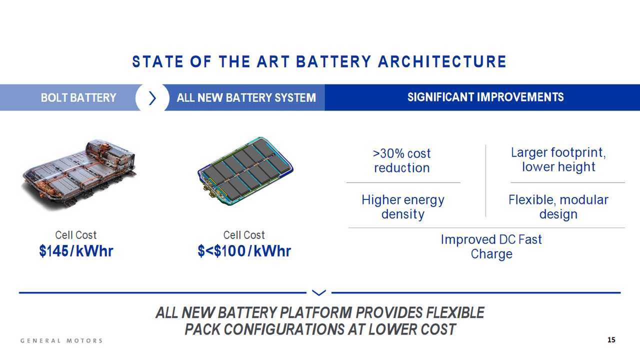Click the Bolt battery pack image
tap(79, 174)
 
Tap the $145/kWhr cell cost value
tap(76, 251)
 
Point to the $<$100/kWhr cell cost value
tap(244, 251)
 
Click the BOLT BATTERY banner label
tap(78, 97)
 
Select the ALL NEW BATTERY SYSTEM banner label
tap(246, 97)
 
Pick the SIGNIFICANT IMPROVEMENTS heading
tap(485, 97)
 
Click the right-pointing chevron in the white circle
tap(152, 98)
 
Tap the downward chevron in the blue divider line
tap(319, 292)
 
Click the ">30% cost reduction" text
tap(401, 160)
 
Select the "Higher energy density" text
tap(403, 207)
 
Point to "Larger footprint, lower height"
tap(558, 159)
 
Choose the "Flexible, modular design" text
tap(558, 207)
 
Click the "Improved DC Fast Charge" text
tap(491, 246)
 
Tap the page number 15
tap(611, 339)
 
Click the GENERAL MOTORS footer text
tap(61, 340)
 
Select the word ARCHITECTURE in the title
tap(442, 61)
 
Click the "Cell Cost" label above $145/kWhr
tap(75, 235)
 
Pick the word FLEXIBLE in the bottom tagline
tap(455, 312)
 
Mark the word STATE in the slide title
tap(157, 61)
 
